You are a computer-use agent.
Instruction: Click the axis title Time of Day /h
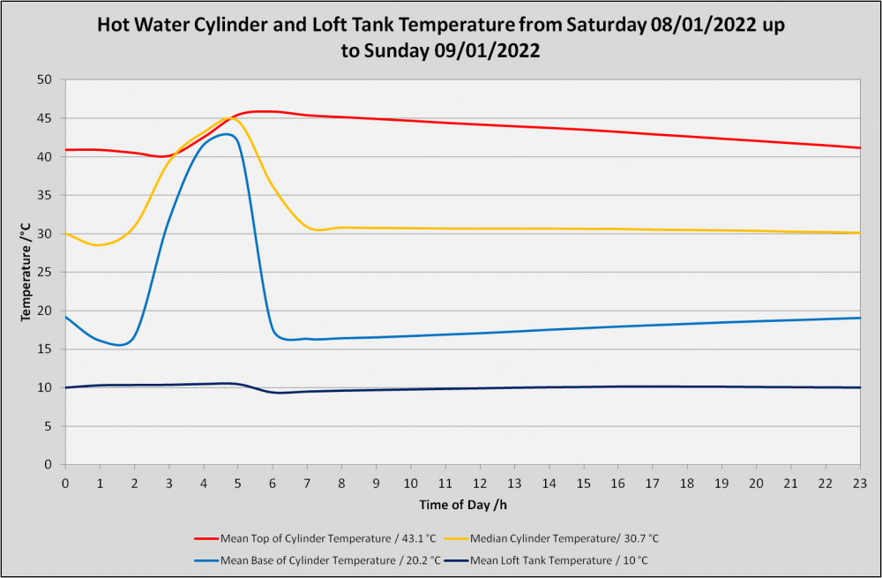[x=463, y=505]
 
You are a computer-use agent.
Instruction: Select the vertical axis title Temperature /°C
[x=26, y=273]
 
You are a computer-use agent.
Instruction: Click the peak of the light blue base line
[x=227, y=134]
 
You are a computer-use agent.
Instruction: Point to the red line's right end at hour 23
[x=860, y=148]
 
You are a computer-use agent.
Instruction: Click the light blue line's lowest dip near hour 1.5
[x=119, y=345]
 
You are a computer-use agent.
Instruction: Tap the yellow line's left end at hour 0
[x=66, y=233]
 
